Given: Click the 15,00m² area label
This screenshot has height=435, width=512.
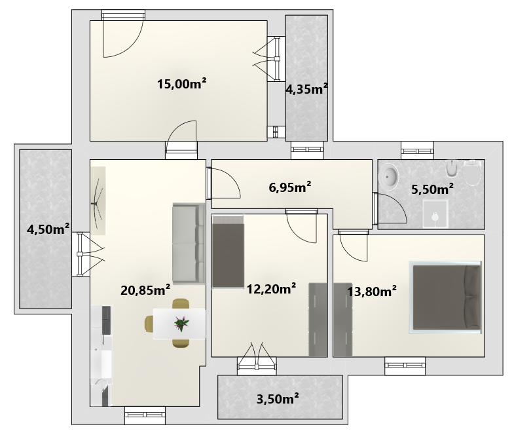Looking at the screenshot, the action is click(x=181, y=84).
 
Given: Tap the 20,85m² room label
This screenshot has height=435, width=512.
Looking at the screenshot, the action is click(x=145, y=290).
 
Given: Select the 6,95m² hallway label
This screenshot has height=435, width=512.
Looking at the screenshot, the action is click(x=290, y=187).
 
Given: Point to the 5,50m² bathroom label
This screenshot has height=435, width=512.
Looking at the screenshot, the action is click(x=432, y=189).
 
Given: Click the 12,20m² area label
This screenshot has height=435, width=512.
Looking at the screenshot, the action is click(x=271, y=289).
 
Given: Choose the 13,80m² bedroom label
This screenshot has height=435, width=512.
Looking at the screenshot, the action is click(x=372, y=291).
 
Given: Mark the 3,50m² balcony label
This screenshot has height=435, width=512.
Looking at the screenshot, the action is click(x=278, y=399).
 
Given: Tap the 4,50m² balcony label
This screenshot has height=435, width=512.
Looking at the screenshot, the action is click(x=48, y=229).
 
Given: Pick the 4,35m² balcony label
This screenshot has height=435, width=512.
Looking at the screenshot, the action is click(x=306, y=89).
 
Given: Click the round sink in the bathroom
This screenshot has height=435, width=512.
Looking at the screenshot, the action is click(x=388, y=177).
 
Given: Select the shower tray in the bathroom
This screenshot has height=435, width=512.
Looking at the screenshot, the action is click(x=435, y=214).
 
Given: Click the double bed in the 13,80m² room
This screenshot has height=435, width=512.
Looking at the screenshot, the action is click(x=445, y=297).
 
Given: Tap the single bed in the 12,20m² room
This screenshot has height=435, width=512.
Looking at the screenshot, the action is click(x=228, y=252).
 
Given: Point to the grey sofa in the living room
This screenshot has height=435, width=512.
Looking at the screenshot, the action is click(x=189, y=243).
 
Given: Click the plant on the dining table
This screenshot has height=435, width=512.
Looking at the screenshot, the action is click(x=181, y=324).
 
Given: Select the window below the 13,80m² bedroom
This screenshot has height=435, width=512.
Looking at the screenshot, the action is click(x=405, y=366).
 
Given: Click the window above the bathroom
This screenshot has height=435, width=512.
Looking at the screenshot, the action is click(x=417, y=150).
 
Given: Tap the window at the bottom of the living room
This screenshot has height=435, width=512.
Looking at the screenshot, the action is click(x=145, y=415).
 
